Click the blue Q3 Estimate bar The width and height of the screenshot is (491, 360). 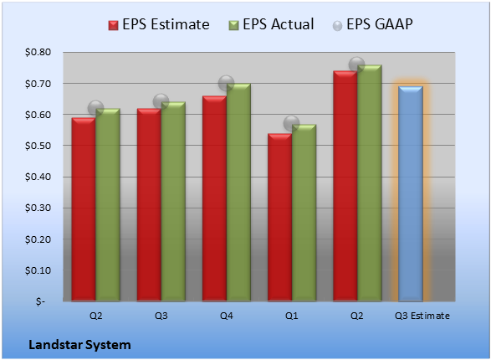coord(411,193)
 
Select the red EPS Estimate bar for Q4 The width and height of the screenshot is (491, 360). coord(214,198)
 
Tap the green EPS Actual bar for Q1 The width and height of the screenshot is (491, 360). coord(304,213)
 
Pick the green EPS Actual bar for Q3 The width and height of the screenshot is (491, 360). coord(173,202)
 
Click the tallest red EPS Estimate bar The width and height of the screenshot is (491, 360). coord(345,186)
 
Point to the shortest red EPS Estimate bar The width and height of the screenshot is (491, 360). coord(280,218)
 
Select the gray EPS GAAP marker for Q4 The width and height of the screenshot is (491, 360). coord(226,84)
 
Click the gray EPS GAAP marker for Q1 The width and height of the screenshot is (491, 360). coord(292,123)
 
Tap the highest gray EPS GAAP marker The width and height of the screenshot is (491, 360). coord(356,64)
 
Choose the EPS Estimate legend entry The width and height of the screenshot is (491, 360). coord(159,24)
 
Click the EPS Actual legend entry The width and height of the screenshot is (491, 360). coord(272,24)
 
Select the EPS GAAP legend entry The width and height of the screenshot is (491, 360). coord(372,24)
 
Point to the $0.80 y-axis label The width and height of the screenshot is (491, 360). coord(38,52)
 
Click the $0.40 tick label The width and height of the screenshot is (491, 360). coord(38,177)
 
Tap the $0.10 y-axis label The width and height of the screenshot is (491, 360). coord(38,270)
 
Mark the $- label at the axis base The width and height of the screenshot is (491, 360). coord(40,301)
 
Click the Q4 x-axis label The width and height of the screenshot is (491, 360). coord(227,316)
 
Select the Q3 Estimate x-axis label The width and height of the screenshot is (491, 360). coord(422,316)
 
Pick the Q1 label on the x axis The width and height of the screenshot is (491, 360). coord(292,316)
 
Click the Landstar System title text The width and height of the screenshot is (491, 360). coord(79,345)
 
